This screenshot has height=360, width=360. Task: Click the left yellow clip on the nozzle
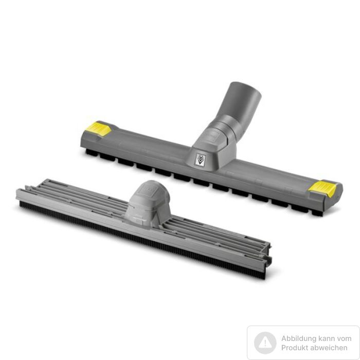point(98,129)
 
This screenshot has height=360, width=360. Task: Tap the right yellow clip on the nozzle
point(322,188)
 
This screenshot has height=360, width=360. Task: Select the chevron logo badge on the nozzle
point(200,159)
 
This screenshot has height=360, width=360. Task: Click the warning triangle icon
point(265,343)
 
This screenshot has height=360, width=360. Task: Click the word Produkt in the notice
point(294,348)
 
